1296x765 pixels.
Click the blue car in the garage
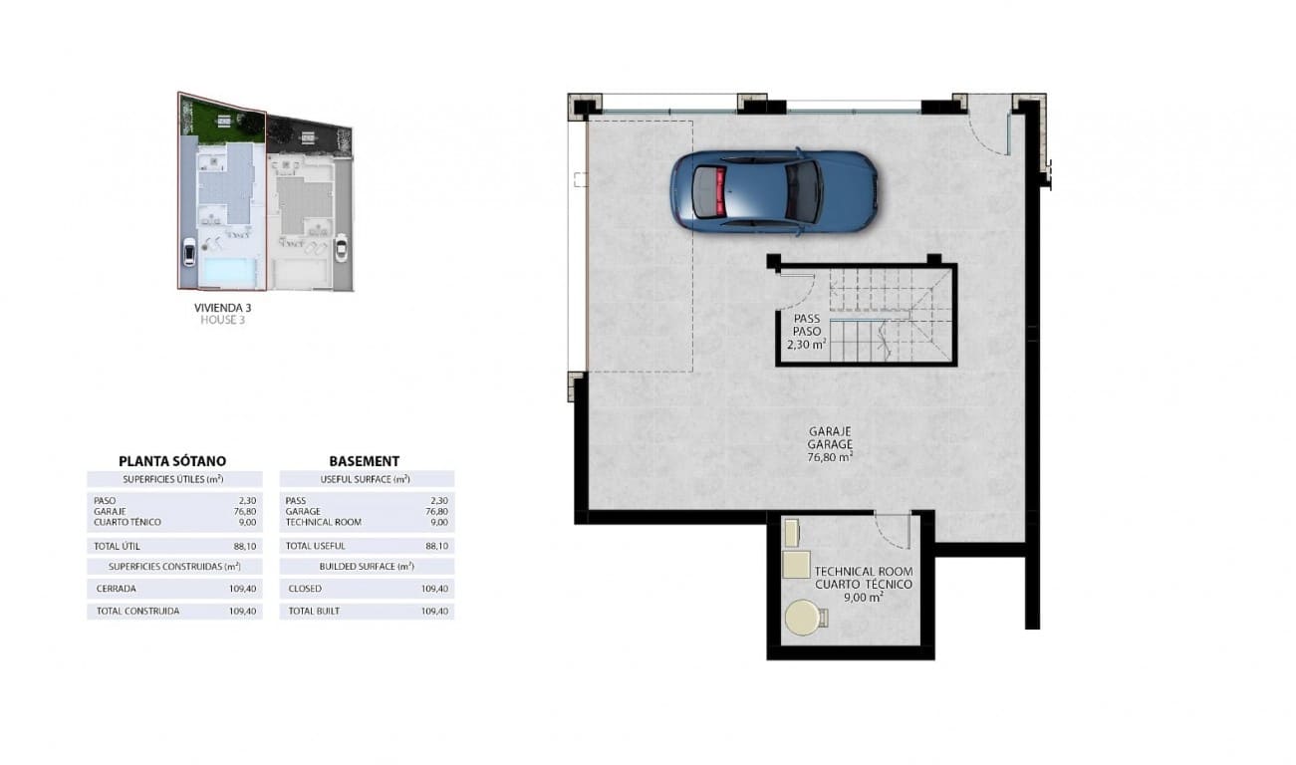(773, 192)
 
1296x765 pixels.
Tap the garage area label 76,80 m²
(829, 457)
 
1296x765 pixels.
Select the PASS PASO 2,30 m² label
(807, 333)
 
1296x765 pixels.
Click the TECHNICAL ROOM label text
(863, 572)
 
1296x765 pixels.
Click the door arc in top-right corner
(989, 129)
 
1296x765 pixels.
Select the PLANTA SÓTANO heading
(172, 461)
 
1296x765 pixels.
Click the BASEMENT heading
(365, 461)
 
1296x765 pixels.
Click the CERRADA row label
(117, 589)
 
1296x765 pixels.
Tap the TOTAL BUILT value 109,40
(435, 611)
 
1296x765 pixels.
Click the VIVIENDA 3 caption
(221, 308)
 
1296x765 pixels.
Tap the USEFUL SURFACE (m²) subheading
(366, 479)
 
